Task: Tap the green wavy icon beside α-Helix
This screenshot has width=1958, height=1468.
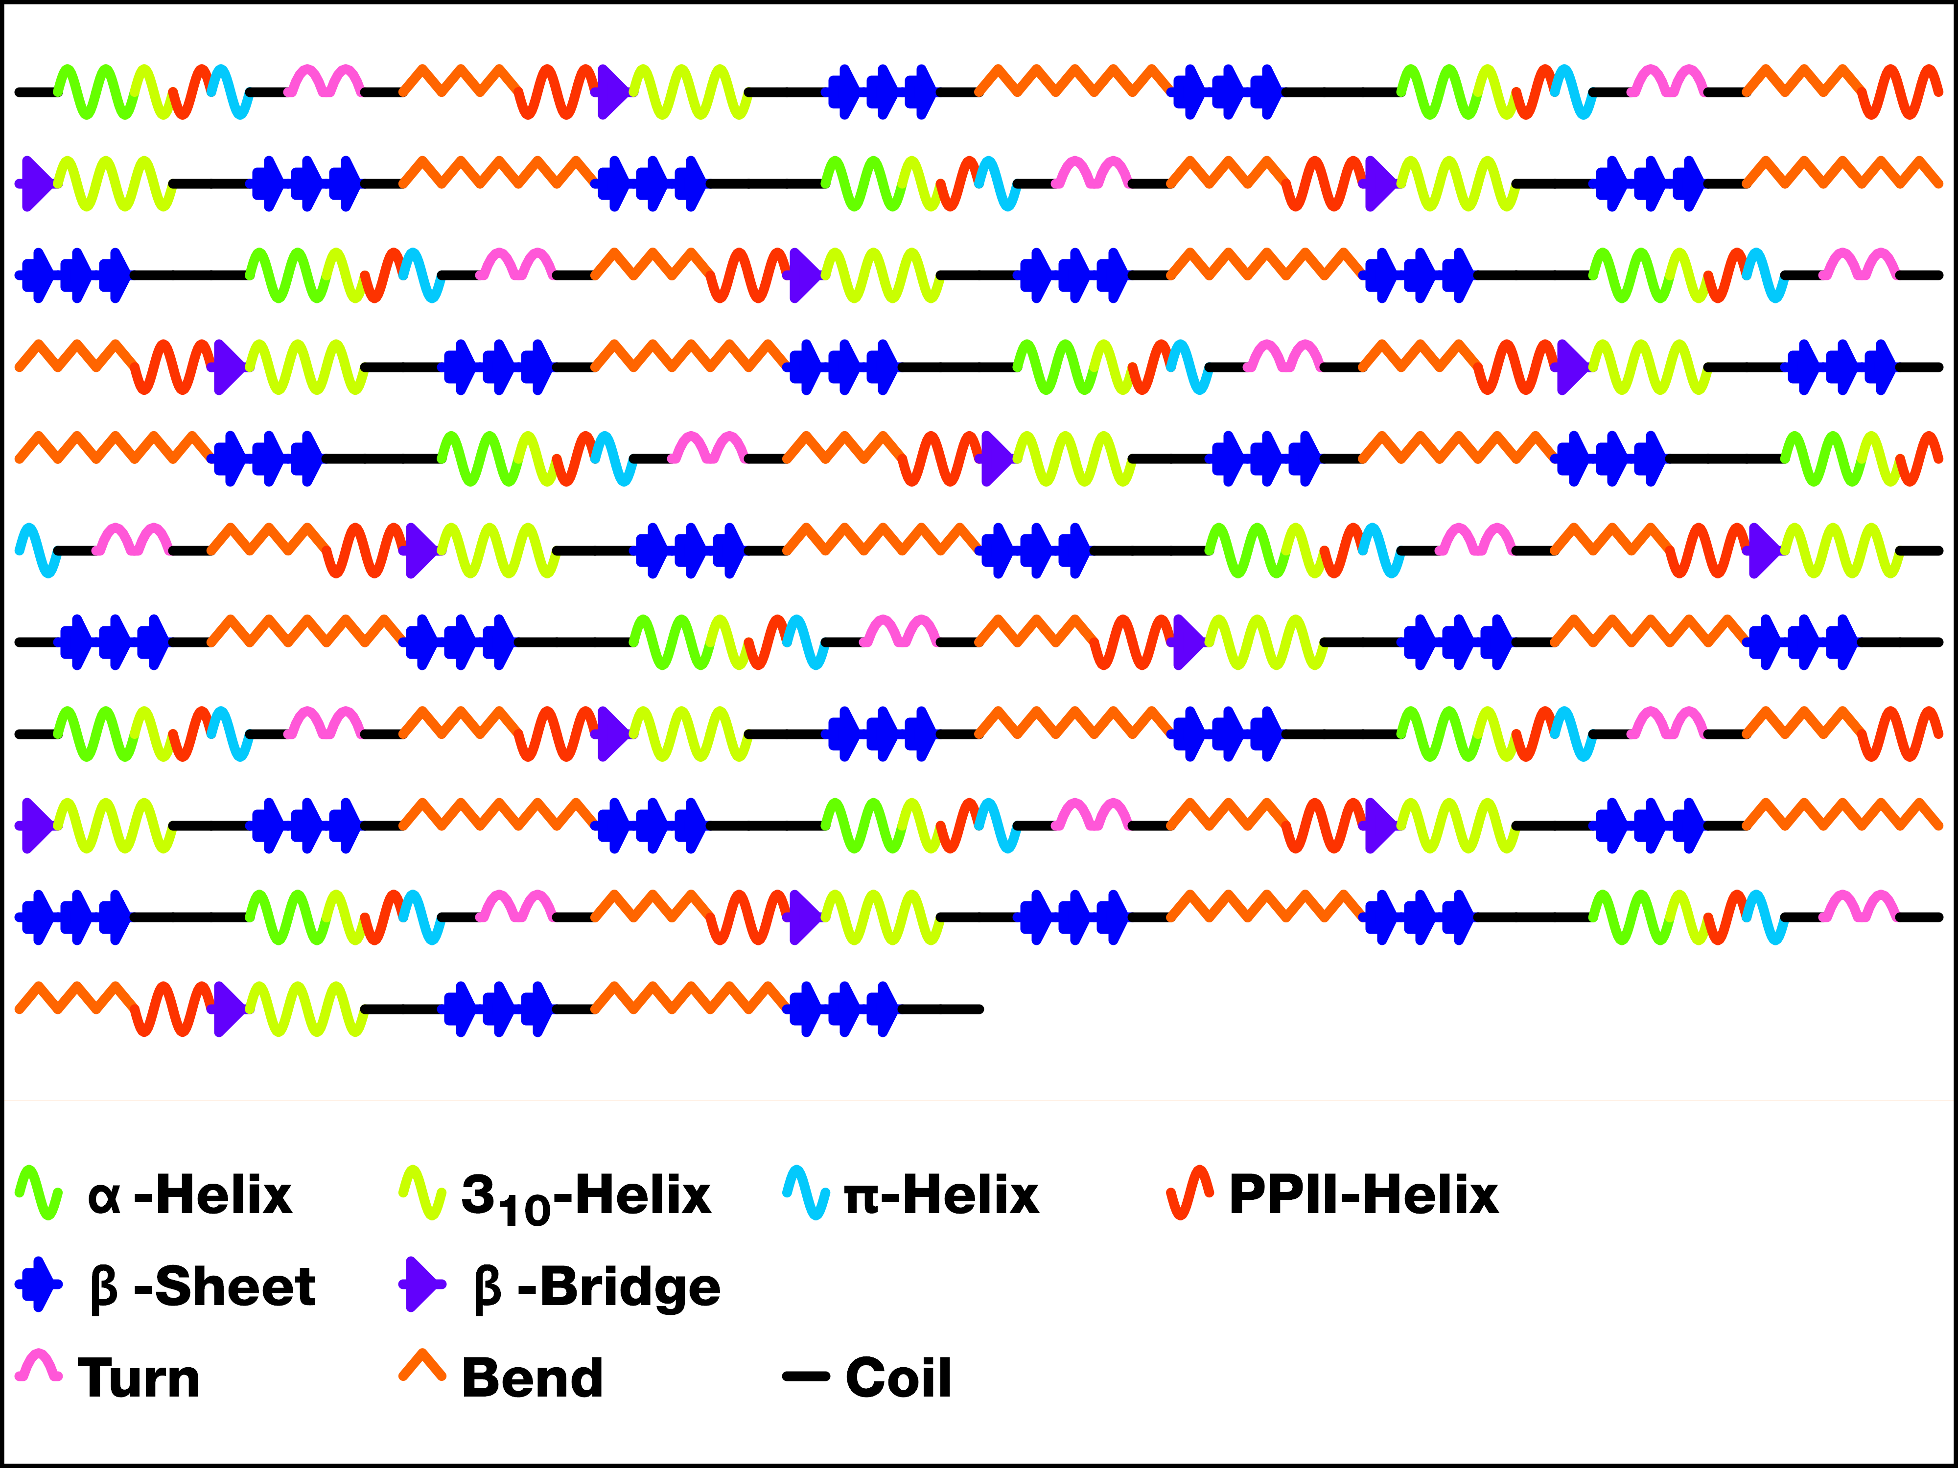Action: (x=39, y=1193)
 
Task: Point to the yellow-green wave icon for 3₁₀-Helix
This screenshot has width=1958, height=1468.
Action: (x=422, y=1193)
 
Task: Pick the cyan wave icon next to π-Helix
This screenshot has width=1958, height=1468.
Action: (x=806, y=1193)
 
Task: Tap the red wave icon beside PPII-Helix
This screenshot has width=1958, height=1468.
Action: (x=1189, y=1193)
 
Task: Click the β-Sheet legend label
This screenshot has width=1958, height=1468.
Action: (x=203, y=1287)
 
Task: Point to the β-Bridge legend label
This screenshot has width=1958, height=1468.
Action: (x=598, y=1287)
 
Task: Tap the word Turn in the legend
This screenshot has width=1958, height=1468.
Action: (x=139, y=1378)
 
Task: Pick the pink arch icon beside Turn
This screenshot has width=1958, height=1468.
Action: (x=39, y=1365)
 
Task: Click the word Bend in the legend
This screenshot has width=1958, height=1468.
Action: (x=532, y=1378)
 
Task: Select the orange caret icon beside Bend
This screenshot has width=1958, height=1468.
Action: (x=422, y=1365)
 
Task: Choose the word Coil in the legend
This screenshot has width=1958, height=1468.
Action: (x=898, y=1378)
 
